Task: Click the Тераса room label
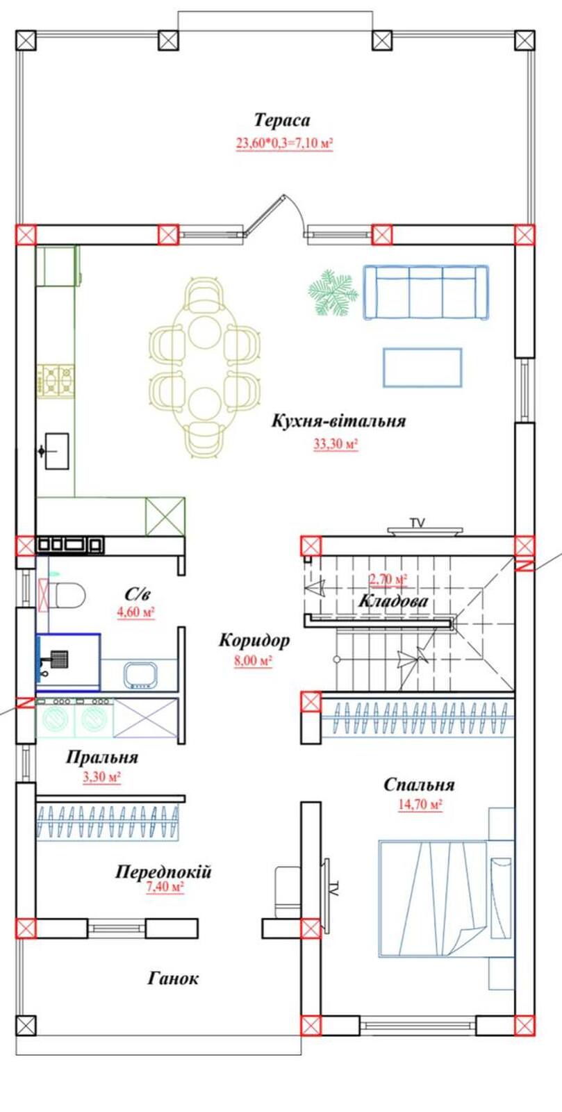[282, 120]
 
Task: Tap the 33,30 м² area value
[336, 444]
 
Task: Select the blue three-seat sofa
[426, 292]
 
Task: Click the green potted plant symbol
[332, 293]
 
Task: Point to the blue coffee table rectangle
[422, 368]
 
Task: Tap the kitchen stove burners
[58, 379]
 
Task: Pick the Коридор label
[254, 640]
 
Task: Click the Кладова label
[393, 601]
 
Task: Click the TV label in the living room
[418, 522]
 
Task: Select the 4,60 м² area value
[136, 612]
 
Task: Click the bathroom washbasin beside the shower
[141, 675]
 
